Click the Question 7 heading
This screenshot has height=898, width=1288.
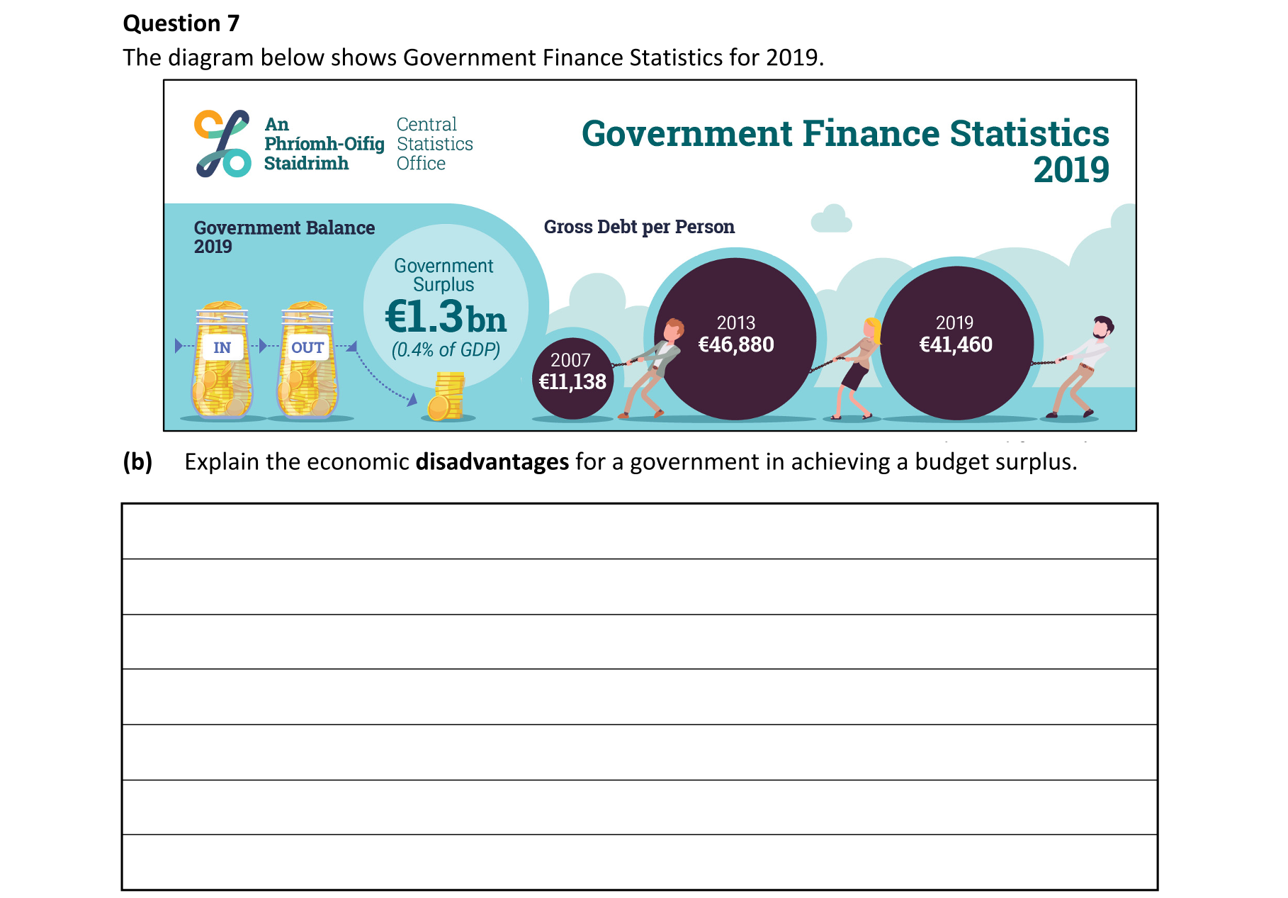(181, 23)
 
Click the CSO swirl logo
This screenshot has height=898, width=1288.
(222, 144)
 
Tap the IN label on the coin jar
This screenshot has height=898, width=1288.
(222, 347)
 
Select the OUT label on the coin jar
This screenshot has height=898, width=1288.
(307, 347)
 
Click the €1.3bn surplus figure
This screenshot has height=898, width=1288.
(446, 317)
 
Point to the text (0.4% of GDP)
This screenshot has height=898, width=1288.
(446, 350)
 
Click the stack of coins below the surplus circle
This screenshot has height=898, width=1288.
(446, 397)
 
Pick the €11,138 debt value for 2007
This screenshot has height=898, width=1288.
(572, 382)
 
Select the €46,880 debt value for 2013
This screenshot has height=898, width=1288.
(736, 345)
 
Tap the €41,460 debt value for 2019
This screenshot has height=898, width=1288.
(956, 345)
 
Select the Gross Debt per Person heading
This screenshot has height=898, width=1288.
(639, 227)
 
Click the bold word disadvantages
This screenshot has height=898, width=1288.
(492, 462)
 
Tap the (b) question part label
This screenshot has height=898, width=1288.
(137, 462)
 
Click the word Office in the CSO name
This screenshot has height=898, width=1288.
(421, 164)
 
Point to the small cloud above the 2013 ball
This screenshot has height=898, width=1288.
(831, 219)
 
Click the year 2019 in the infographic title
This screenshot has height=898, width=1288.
(1070, 170)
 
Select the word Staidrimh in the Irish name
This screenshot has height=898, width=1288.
(306, 164)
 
